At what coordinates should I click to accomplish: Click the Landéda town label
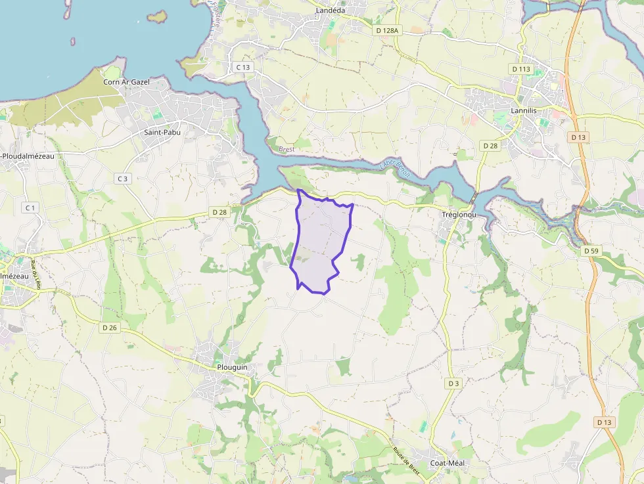pos(331,11)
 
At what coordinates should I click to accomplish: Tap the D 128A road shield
pos(387,30)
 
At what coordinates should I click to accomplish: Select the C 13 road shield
pos(242,67)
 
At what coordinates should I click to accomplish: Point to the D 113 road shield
pos(520,69)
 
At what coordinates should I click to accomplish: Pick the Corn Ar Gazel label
pos(126,82)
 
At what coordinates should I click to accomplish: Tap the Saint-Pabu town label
pos(162,132)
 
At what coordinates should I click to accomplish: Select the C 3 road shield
pos(122,179)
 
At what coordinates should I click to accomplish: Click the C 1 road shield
pos(30,208)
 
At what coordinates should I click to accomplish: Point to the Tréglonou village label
pos(459,215)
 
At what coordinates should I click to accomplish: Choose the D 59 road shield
pos(591,251)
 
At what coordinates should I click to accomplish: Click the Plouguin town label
pos(231,367)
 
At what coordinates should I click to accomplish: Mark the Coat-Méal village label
pos(447,463)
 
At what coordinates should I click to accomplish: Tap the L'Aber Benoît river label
pos(394,169)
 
